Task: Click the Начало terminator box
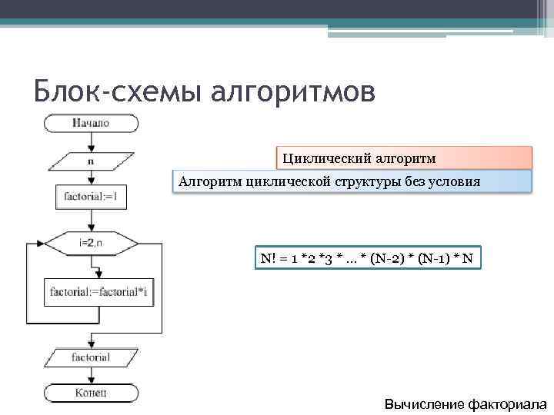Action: (91, 123)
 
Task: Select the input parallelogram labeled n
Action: (91, 161)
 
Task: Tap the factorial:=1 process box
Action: (91, 198)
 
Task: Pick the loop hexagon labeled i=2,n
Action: (91, 244)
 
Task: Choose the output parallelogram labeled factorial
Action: (91, 357)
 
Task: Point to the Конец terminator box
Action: (91, 393)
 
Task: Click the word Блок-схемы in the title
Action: (107, 91)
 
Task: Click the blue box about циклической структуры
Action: (352, 182)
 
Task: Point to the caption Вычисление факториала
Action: (466, 404)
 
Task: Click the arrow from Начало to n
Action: (91, 143)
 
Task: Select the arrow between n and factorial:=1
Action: (91, 178)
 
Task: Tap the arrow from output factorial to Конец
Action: (91, 376)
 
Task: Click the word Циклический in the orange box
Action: (326, 158)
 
